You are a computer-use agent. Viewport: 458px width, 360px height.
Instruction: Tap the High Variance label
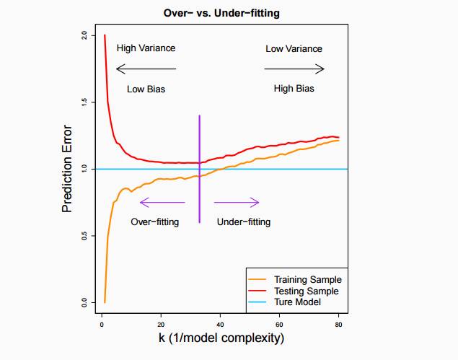pyautogui.click(x=146, y=48)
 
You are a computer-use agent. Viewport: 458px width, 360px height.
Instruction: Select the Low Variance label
pyautogui.click(x=294, y=49)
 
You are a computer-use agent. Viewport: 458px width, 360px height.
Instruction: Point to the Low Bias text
pyautogui.click(x=146, y=89)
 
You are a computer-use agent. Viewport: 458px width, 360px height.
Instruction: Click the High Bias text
pyautogui.click(x=294, y=89)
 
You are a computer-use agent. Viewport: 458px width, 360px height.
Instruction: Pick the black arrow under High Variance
pyautogui.click(x=146, y=69)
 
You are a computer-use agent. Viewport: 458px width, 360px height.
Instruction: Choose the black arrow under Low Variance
pyautogui.click(x=294, y=69)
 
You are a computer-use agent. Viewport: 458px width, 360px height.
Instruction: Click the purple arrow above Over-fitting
pyautogui.click(x=162, y=202)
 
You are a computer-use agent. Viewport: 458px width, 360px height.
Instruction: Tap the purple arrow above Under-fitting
pyautogui.click(x=237, y=202)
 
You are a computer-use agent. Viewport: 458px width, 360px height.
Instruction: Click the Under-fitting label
pyautogui.click(x=244, y=222)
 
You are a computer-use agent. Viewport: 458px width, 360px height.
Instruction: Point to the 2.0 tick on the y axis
pyautogui.click(x=85, y=35)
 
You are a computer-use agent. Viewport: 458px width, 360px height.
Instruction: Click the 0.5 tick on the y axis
pyautogui.click(x=85, y=235)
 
